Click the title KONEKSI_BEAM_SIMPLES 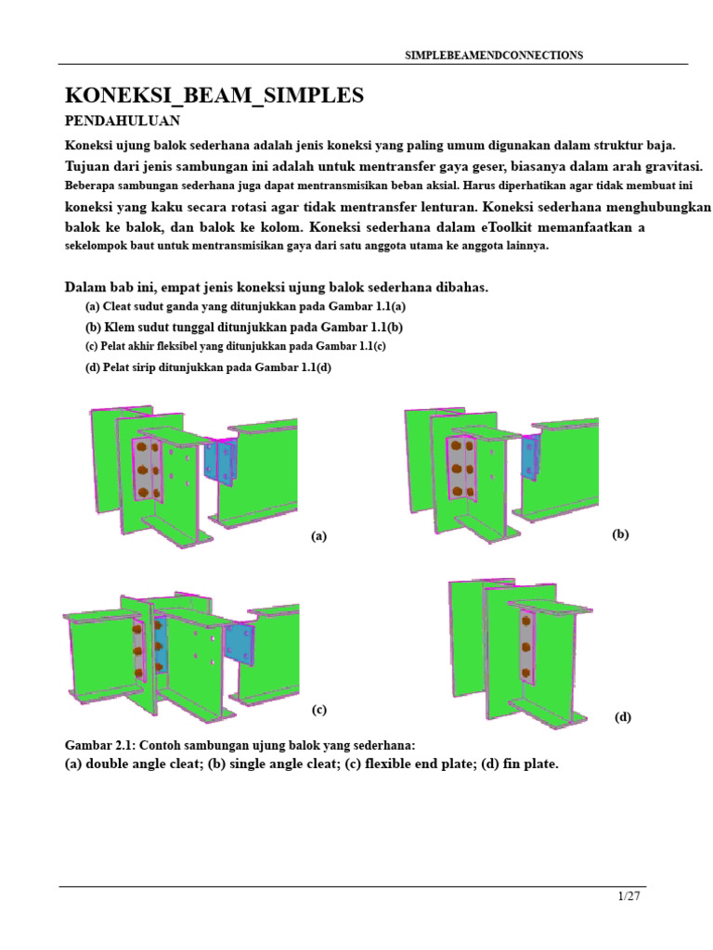click(214, 96)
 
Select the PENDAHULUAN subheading click(123, 121)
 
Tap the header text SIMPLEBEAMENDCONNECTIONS click(494, 55)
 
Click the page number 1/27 click(629, 896)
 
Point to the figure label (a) click(319, 536)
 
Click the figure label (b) click(620, 534)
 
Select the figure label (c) click(319, 710)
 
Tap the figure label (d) click(623, 717)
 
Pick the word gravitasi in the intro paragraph click(677, 166)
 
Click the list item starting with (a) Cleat click(245, 306)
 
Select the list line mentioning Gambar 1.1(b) click(244, 327)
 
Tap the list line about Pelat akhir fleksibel click(235, 347)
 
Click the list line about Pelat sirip click(208, 367)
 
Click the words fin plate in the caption click(528, 764)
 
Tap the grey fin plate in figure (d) click(527, 647)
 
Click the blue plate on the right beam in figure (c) click(240, 645)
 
